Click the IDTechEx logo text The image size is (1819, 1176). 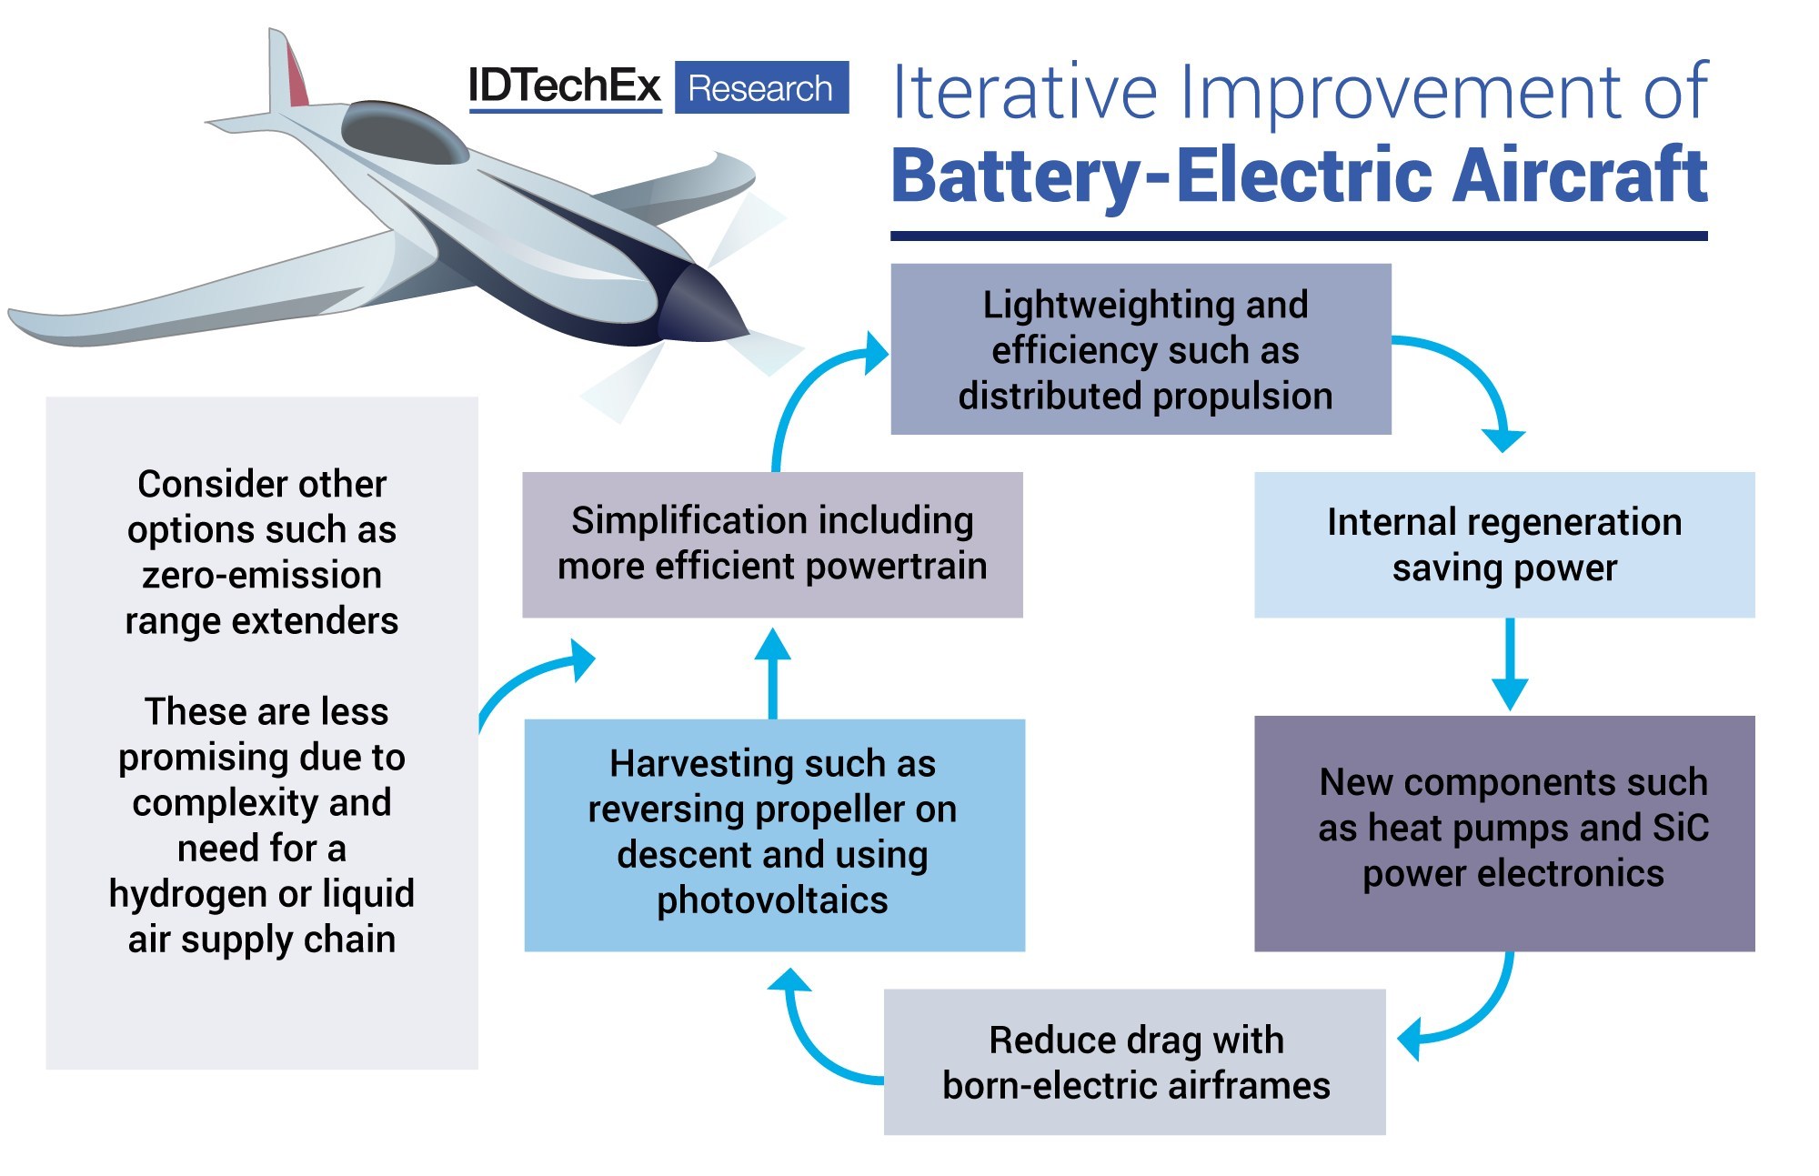pos(564,87)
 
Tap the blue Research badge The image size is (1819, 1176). pos(761,88)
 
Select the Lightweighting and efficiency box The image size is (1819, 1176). pos(1141,349)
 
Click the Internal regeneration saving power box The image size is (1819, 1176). pos(1503,545)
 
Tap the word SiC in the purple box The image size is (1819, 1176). pos(1680,828)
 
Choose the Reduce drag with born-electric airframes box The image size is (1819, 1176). pos(1134,1061)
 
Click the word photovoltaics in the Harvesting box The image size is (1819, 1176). pos(772,900)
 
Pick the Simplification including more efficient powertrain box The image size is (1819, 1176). pos(772,544)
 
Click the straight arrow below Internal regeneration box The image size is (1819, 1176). pos(1510,664)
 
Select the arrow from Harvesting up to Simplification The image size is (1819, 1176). pos(773,673)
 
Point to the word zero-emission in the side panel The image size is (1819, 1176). pos(262,575)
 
